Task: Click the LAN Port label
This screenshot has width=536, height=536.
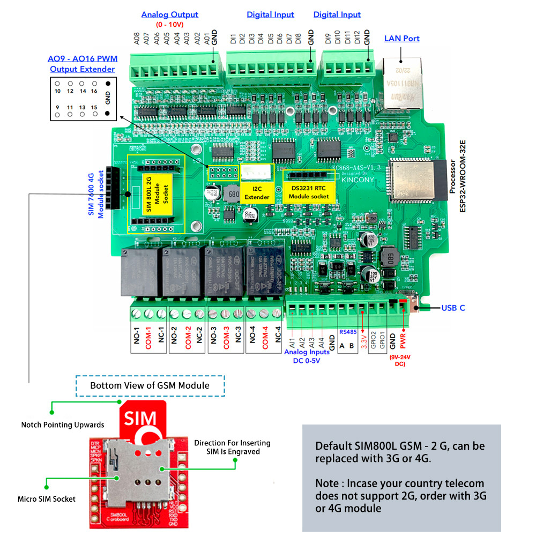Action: click(x=401, y=39)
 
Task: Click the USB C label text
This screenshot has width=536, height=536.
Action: click(x=453, y=308)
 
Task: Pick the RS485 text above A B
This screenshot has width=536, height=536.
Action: click(x=348, y=332)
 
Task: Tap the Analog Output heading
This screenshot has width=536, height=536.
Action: click(x=169, y=15)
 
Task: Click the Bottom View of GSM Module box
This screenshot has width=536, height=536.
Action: click(x=150, y=385)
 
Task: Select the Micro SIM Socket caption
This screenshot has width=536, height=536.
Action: click(x=47, y=498)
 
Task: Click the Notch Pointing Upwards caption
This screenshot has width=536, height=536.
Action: click(x=63, y=425)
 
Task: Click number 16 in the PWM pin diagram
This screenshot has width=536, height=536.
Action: click(x=94, y=91)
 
